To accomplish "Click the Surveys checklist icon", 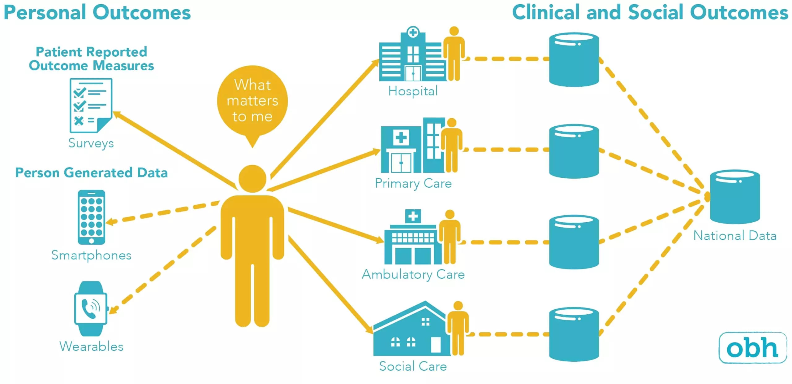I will pos(91,105).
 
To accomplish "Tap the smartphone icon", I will pos(91,217).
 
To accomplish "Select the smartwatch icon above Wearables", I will pos(91,308).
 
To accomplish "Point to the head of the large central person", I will pos(252,179).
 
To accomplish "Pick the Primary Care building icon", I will pos(411,147).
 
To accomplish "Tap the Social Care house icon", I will pos(411,331).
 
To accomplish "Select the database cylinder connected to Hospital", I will pos(574,59).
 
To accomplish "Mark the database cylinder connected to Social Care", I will pos(574,334).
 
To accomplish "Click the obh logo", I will pos(752,347).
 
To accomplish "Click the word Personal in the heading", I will pos(45,13).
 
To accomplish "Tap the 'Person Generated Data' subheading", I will pos(92,173).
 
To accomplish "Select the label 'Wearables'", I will pos(91,347).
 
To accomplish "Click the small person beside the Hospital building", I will pos(454,54).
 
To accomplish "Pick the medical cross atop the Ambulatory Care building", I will pos(413,216).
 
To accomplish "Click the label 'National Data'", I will pos(735,236).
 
